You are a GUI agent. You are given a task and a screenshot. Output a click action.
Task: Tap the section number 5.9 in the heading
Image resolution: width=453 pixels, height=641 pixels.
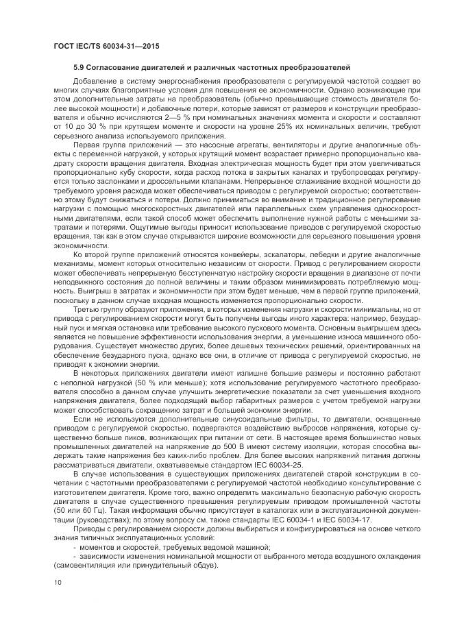tap(80, 67)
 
